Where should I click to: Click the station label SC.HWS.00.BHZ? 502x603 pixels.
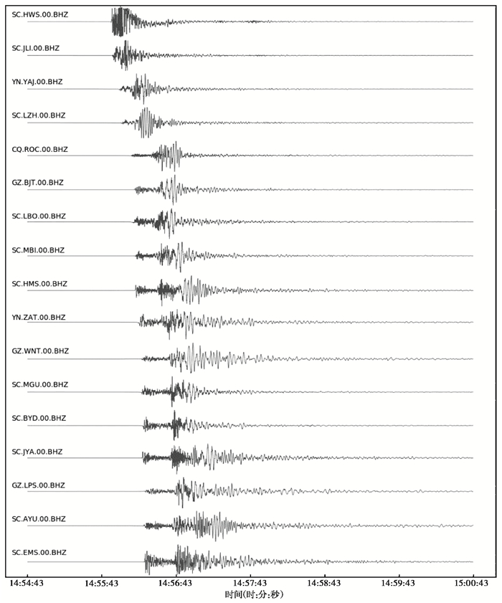pyautogui.click(x=39, y=14)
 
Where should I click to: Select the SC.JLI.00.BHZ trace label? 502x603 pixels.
pyautogui.click(x=35, y=48)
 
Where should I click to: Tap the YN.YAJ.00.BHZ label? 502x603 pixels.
pyautogui.click(x=37, y=82)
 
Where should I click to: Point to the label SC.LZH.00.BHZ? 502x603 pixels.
pyautogui.click(x=39, y=115)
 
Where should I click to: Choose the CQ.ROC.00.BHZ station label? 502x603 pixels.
pyautogui.click(x=39, y=149)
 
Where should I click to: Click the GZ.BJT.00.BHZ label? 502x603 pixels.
pyautogui.click(x=37, y=183)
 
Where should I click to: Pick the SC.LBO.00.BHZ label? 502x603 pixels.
pyautogui.click(x=39, y=216)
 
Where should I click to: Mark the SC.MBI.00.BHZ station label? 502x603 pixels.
pyautogui.click(x=38, y=250)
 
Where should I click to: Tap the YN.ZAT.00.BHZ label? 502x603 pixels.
pyautogui.click(x=39, y=317)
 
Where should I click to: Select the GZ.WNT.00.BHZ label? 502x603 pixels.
pyautogui.click(x=40, y=351)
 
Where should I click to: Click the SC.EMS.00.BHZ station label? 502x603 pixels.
pyautogui.click(x=39, y=552)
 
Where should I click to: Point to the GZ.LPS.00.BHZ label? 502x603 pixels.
pyautogui.click(x=38, y=485)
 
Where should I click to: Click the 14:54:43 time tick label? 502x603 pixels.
pyautogui.click(x=27, y=584)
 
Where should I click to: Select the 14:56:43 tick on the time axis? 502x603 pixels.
pyautogui.click(x=175, y=584)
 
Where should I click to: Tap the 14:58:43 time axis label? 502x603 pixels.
pyautogui.click(x=324, y=584)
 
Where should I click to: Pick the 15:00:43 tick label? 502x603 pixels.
pyautogui.click(x=471, y=584)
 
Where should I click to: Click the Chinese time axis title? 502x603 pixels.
pyautogui.click(x=254, y=594)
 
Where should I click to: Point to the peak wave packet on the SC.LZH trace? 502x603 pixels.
pyautogui.click(x=146, y=123)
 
